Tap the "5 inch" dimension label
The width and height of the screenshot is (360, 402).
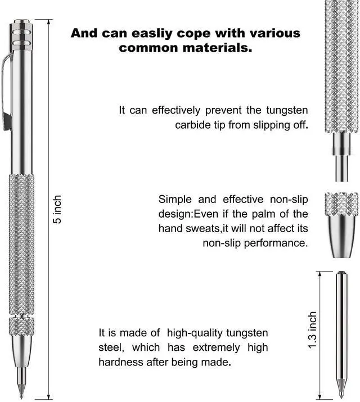click(x=57, y=210)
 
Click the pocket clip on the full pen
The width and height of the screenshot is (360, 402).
click(x=6, y=90)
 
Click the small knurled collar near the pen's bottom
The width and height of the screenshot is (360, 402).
click(x=22, y=326)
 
